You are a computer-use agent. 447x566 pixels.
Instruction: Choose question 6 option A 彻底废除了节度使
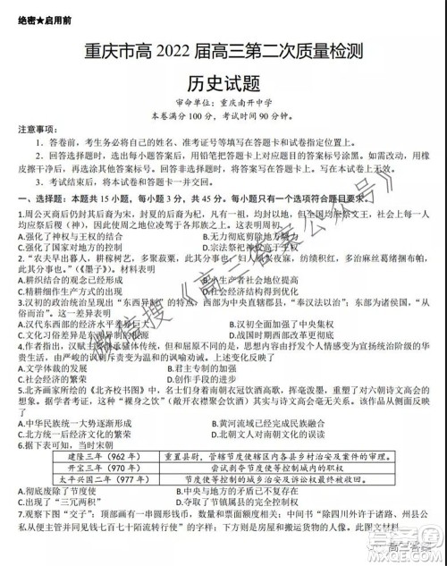pos(54,490)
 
